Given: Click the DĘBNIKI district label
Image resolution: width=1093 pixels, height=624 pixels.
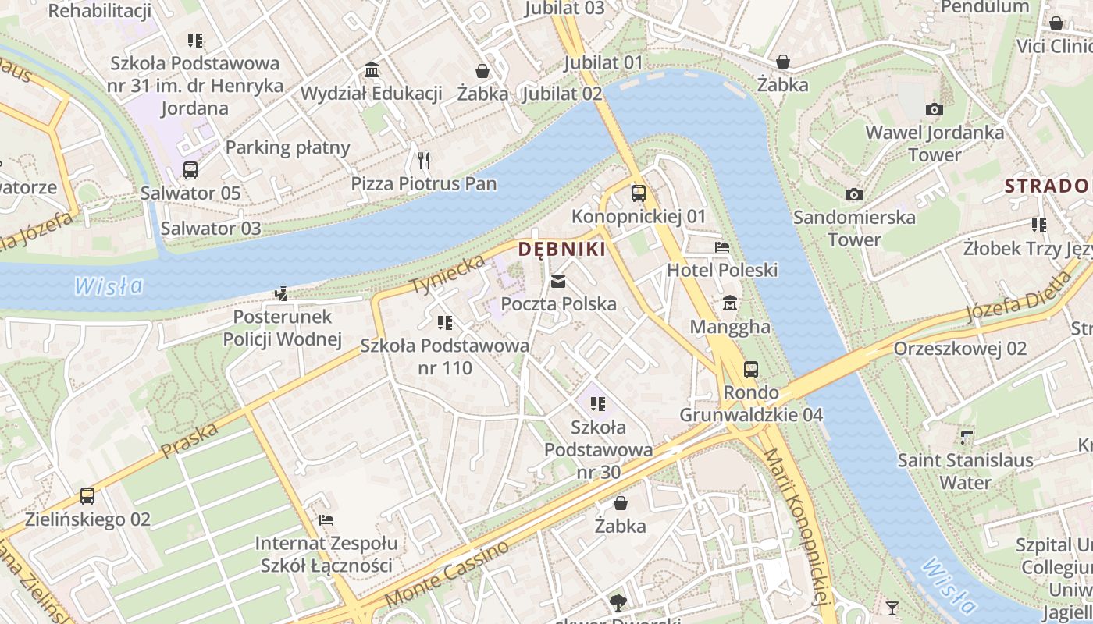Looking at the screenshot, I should tap(562, 250).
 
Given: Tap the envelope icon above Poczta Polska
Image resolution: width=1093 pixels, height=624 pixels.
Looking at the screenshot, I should tap(558, 282).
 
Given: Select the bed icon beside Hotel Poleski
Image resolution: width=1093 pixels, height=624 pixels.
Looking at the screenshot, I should tap(722, 247).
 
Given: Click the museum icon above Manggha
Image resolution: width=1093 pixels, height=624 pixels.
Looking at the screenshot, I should tap(730, 303).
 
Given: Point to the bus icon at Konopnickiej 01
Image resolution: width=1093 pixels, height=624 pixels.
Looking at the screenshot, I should tap(639, 193).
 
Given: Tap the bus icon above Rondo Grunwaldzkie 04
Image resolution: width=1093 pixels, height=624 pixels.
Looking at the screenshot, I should tap(751, 369).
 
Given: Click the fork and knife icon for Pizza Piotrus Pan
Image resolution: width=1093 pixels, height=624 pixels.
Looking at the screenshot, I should tap(424, 161).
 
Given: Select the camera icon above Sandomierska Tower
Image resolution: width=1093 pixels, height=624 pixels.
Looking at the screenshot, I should tap(854, 194).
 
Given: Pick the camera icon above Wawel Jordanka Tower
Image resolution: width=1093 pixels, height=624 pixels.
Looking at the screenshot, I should tap(934, 109).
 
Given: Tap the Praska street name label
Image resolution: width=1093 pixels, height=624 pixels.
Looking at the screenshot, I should tap(189, 440).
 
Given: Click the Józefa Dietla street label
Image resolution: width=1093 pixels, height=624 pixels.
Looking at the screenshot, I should tap(1019, 296).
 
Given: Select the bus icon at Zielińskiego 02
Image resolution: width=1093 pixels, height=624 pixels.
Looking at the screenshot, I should tap(87, 496).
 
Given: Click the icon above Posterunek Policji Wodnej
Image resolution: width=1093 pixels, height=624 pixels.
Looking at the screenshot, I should tap(282, 294).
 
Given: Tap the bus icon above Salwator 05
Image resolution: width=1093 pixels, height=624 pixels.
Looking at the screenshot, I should tap(190, 169).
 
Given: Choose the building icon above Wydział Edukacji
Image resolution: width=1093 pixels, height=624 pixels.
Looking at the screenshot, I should tap(372, 70).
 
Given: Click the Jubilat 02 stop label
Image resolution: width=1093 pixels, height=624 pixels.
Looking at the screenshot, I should tap(562, 94).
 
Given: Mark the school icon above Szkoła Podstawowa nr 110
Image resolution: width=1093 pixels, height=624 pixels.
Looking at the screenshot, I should tap(445, 322).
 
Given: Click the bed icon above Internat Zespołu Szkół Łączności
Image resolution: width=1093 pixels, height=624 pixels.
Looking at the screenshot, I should tap(326, 520).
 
